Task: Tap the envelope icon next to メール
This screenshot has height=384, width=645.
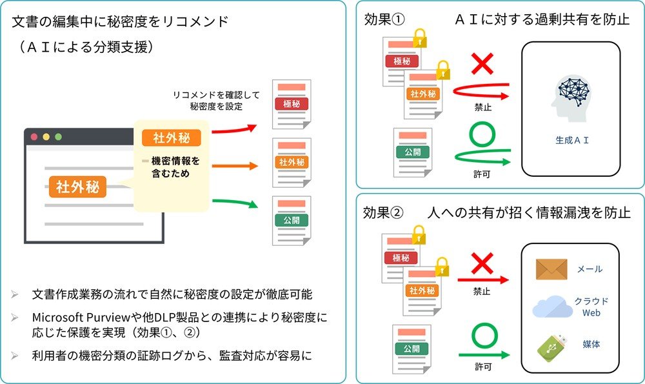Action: pyautogui.click(x=551, y=269)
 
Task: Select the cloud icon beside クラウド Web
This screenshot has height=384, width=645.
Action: pyautogui.click(x=551, y=308)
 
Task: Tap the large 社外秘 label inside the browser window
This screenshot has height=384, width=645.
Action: pyautogui.click(x=77, y=187)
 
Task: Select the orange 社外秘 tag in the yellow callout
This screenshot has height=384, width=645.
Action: pyautogui.click(x=172, y=137)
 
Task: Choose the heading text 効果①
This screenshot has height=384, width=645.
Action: pyautogui.click(x=384, y=19)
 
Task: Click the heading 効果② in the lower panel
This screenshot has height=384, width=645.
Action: pyautogui.click(x=384, y=212)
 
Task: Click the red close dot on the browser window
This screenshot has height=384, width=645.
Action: pyautogui.click(x=34, y=137)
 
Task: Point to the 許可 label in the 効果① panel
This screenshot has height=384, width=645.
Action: pyautogui.click(x=481, y=174)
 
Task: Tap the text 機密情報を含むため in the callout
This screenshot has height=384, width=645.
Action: pyautogui.click(x=172, y=167)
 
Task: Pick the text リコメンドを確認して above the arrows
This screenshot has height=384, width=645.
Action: pyautogui.click(x=216, y=95)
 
